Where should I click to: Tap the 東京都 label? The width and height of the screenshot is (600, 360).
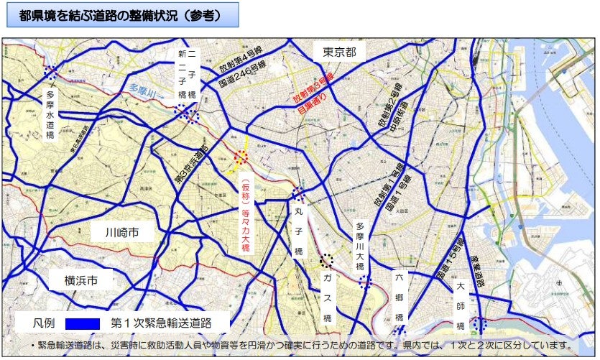click(340, 52)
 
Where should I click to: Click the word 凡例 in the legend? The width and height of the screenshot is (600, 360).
click(45, 323)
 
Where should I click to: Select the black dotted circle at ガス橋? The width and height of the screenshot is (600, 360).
click(327, 261)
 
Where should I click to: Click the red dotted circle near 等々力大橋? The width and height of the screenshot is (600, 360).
click(241, 157)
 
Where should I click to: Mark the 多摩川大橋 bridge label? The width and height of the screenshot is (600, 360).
click(361, 245)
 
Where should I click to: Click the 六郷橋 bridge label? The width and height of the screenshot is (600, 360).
click(400, 297)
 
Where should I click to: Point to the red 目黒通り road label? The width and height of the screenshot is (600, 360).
click(313, 103)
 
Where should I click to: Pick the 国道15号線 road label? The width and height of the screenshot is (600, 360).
click(447, 254)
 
